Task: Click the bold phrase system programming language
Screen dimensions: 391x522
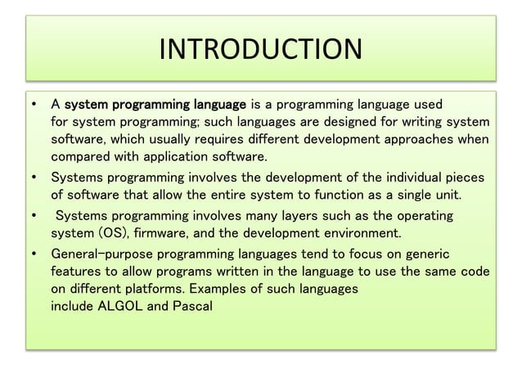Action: [x=155, y=105]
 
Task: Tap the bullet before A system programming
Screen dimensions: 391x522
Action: [x=34, y=105]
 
